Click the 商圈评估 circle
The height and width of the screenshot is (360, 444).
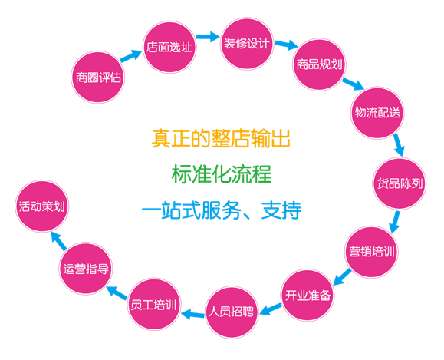[x=97, y=77]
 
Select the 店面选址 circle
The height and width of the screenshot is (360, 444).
[x=169, y=47]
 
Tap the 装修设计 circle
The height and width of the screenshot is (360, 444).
[x=247, y=44]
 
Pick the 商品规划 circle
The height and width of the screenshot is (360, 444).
[x=319, y=64]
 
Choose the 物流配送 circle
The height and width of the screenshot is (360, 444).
[x=377, y=113]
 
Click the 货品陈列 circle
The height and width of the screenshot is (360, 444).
[x=400, y=183]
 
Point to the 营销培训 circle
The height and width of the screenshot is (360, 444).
[x=371, y=252]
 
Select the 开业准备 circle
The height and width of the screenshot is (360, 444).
[x=308, y=295]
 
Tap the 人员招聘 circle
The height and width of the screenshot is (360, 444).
[x=232, y=312]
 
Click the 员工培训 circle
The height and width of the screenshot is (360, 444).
[x=154, y=305]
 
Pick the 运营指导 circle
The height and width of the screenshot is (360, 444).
[x=86, y=269]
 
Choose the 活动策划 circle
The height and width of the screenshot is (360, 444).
[x=42, y=206]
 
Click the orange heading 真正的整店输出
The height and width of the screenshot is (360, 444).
[x=221, y=138]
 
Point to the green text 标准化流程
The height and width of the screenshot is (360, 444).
[x=222, y=173]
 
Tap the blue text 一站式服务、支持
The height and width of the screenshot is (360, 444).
[x=222, y=210]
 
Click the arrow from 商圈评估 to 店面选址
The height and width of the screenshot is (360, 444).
[x=131, y=55]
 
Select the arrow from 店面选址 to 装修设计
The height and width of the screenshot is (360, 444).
[x=208, y=37]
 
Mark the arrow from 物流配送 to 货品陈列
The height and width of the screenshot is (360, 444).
[x=400, y=145]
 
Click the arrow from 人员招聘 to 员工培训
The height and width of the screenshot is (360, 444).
[x=192, y=314]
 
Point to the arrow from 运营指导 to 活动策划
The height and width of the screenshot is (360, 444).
[x=59, y=241]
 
